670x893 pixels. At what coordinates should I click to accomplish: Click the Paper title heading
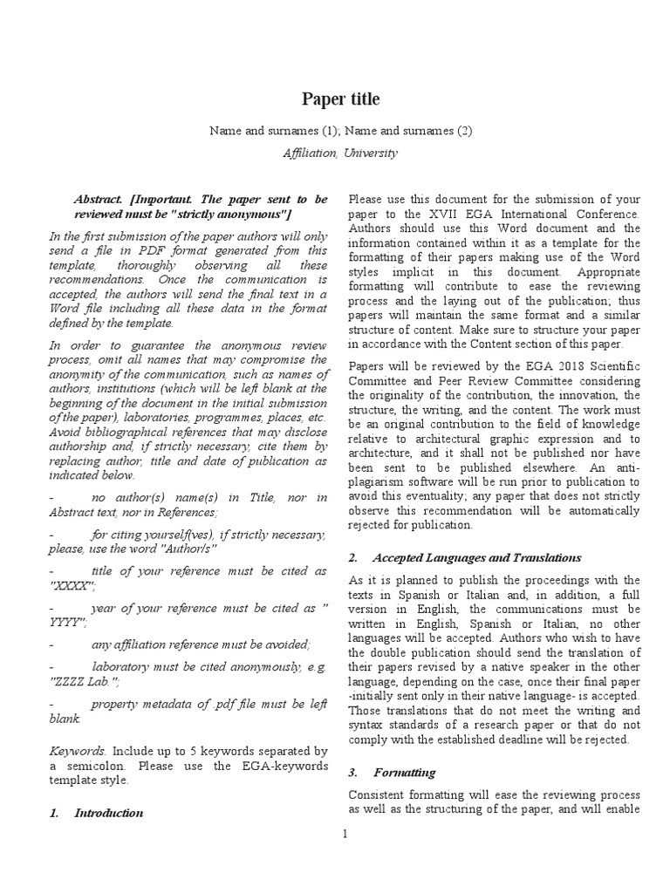tap(340, 99)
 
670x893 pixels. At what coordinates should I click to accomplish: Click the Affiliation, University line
tap(340, 153)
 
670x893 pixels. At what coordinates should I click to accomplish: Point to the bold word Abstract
tap(99, 199)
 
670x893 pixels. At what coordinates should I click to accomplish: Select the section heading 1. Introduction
tap(96, 813)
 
